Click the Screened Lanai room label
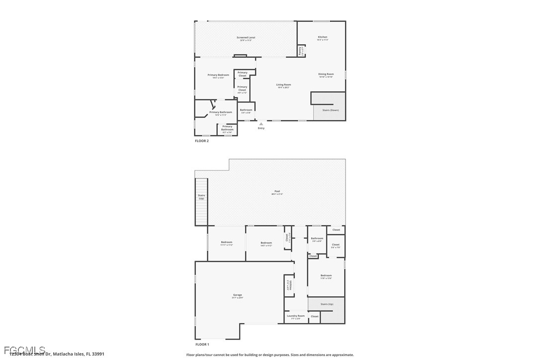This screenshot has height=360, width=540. (246, 38)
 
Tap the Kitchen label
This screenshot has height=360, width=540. (323, 37)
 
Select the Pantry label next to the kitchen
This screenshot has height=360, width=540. (300, 51)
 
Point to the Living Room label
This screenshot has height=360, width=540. (283, 85)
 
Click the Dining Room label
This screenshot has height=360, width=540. (326, 74)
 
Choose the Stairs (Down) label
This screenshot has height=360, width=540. (331, 110)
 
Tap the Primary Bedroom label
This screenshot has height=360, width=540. (218, 75)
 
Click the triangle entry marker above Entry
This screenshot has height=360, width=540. (261, 124)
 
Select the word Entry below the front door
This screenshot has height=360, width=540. (261, 128)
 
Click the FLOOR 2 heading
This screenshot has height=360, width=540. (202, 141)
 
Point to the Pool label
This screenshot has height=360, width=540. (277, 191)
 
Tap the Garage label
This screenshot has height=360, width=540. (237, 295)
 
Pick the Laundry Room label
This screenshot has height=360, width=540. (295, 316)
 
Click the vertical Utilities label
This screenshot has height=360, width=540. (290, 285)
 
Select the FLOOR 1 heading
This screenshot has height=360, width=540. (202, 344)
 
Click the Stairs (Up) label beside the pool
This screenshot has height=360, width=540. (201, 197)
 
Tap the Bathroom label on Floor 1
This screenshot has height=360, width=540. (317, 239)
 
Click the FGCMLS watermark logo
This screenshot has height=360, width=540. (25, 350)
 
